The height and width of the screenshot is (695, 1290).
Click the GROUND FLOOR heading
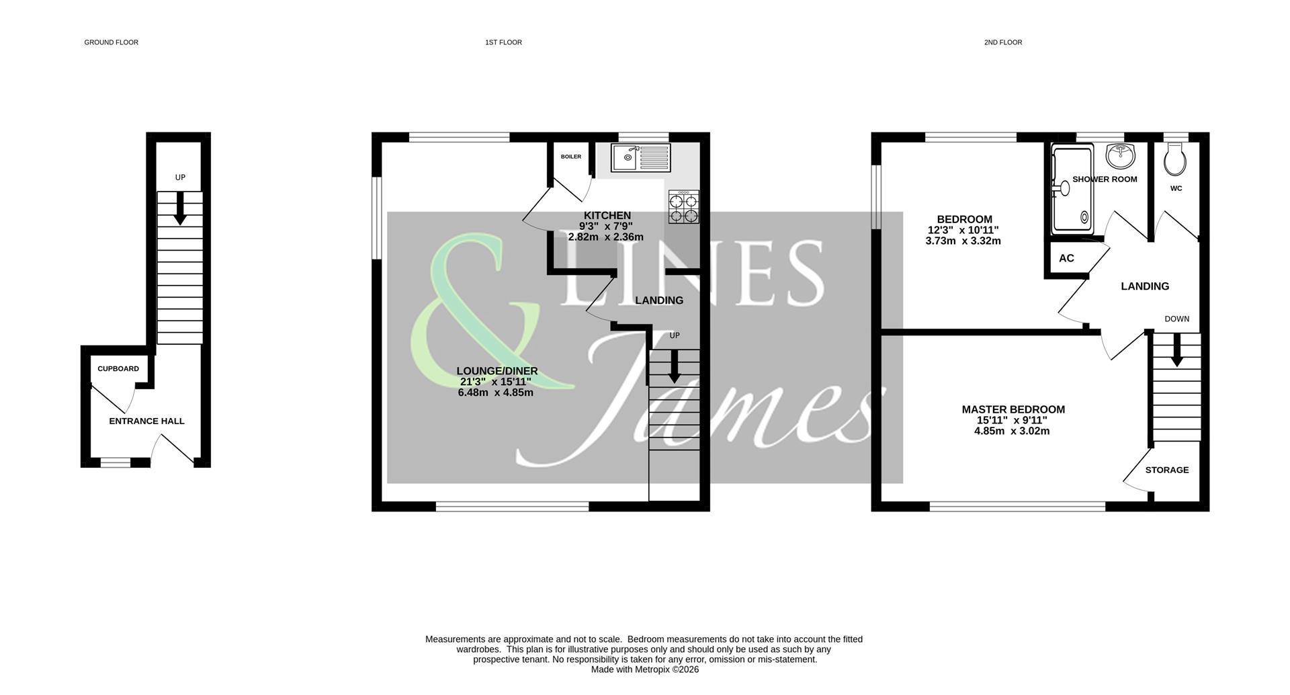(x=111, y=42)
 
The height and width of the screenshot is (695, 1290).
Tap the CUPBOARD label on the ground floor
(x=118, y=369)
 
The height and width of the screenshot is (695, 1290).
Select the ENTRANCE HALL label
(x=146, y=421)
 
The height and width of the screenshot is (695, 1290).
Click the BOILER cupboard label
(x=571, y=157)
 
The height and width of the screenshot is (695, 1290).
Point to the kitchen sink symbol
(x=640, y=157)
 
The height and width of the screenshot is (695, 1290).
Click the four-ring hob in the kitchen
(x=683, y=206)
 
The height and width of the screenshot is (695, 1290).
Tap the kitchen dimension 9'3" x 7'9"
(x=606, y=227)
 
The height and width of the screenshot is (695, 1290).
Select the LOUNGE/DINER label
(x=497, y=371)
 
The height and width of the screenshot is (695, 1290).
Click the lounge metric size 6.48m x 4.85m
(x=495, y=393)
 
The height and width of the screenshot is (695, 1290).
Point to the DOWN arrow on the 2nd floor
(x=1176, y=350)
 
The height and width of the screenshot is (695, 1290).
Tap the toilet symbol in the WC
(x=1176, y=160)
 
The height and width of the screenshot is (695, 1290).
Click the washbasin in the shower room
(x=1119, y=156)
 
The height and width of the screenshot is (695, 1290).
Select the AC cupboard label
(x=1066, y=259)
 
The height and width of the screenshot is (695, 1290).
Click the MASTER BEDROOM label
(x=1013, y=409)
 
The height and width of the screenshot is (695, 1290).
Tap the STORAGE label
(x=1166, y=471)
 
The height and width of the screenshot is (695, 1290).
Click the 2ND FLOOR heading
(x=1002, y=42)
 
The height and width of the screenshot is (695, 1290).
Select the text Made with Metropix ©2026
(x=644, y=670)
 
